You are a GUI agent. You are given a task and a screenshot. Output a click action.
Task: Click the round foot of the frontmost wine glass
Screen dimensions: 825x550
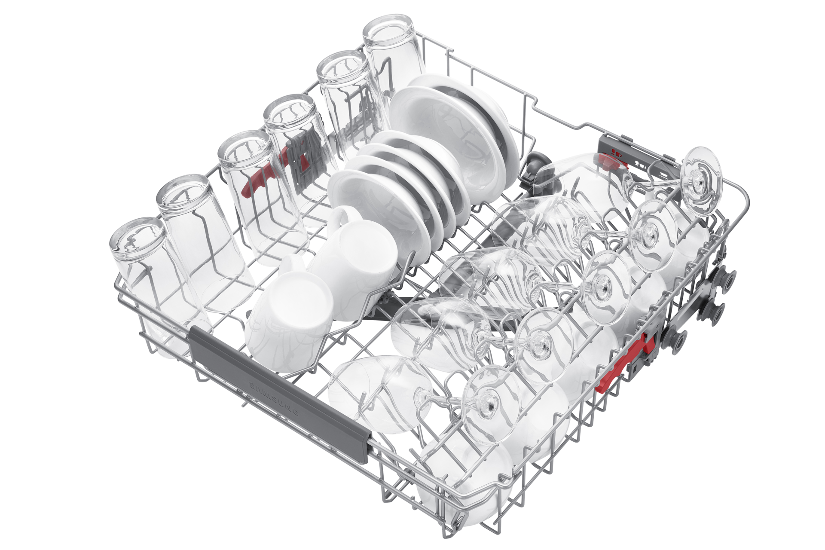tap(490, 406)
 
